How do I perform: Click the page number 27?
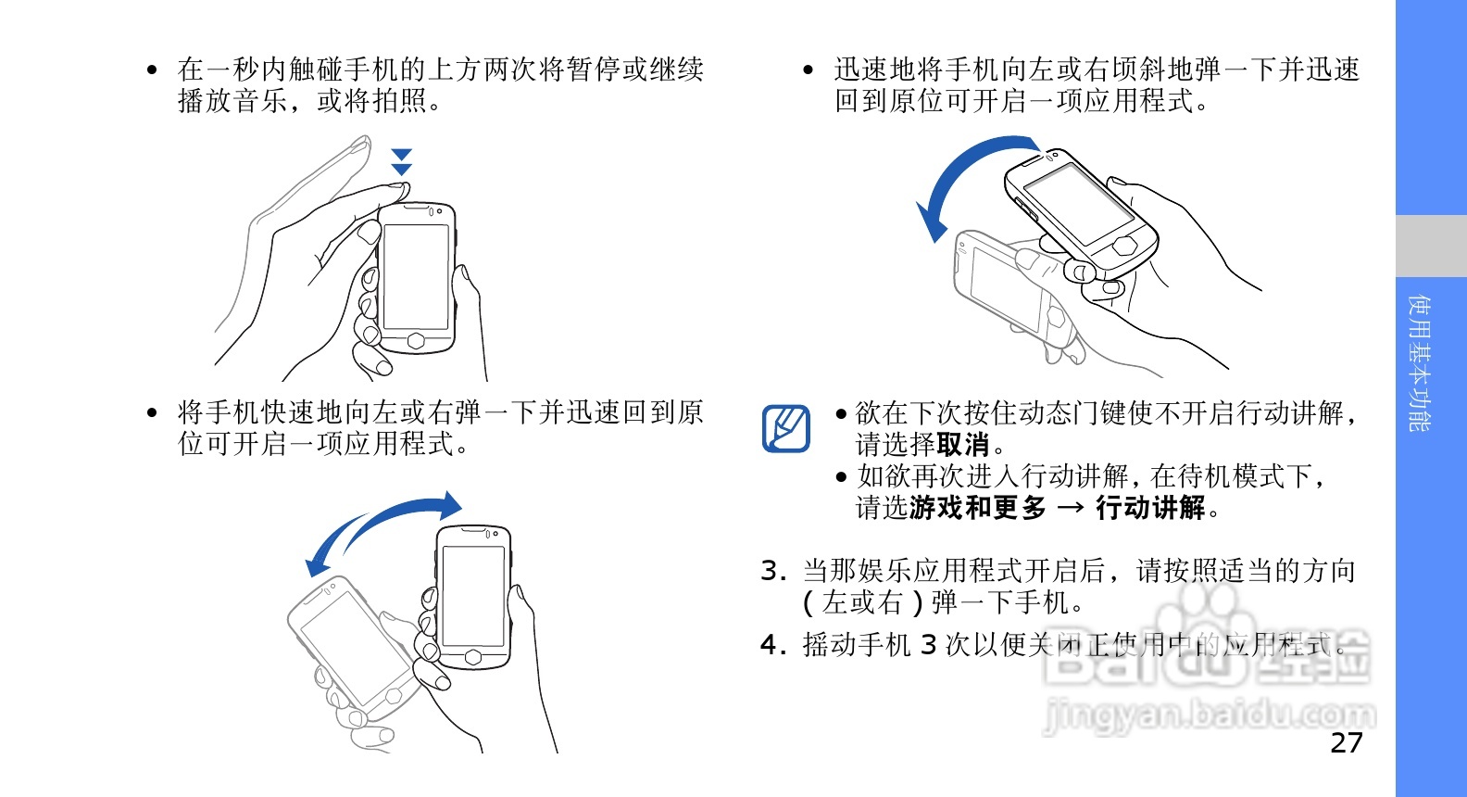coord(1347,742)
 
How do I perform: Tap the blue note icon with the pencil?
coord(786,429)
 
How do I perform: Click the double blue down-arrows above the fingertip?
coord(401,162)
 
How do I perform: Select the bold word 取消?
coord(963,445)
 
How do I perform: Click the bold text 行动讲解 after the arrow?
coord(1150,508)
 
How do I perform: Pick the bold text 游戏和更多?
coord(977,508)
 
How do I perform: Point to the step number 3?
coord(772,571)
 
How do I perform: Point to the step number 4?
coord(772,645)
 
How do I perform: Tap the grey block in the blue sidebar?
coord(1431,246)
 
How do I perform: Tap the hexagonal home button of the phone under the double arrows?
coord(416,340)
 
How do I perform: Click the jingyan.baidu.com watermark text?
coord(1209,715)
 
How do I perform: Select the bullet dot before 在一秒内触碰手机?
coord(152,70)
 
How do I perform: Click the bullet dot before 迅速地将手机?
coord(809,70)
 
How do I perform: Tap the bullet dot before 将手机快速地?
coord(152,413)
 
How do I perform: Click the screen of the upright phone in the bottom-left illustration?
coord(473,596)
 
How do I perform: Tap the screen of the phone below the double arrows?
coord(416,276)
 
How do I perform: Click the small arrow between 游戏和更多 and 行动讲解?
coord(1071,508)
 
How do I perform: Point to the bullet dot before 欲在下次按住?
coord(842,414)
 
